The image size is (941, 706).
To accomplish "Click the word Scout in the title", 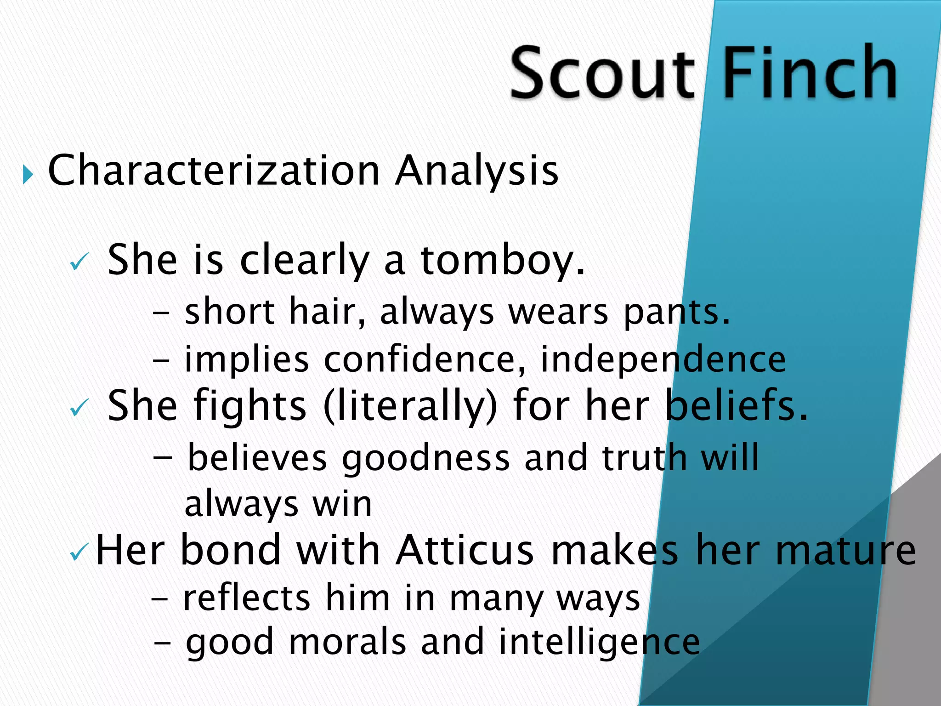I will pyautogui.click(x=602, y=74).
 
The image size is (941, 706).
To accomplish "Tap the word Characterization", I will pyautogui.click(x=214, y=171).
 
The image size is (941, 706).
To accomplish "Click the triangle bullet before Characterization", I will pyautogui.click(x=28, y=175).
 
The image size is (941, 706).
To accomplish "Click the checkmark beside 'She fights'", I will pyautogui.click(x=79, y=407).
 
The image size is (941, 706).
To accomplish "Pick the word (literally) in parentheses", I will pyautogui.click(x=410, y=405).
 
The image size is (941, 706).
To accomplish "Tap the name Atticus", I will pyautogui.click(x=465, y=550).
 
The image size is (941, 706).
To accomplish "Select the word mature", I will pyautogui.click(x=845, y=550).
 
